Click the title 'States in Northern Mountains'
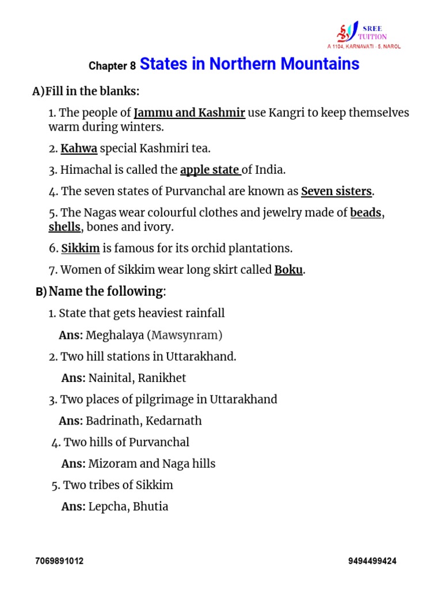point(249,64)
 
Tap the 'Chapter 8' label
point(112,66)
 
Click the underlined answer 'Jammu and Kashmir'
point(189,113)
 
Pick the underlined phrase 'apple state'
point(209,170)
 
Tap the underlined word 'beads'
point(365,213)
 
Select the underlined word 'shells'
point(64,227)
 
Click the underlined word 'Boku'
point(288,270)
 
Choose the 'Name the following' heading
point(106,292)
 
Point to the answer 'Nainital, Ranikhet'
point(137,378)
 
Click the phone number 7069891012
point(59,561)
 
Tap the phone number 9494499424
point(372,561)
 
